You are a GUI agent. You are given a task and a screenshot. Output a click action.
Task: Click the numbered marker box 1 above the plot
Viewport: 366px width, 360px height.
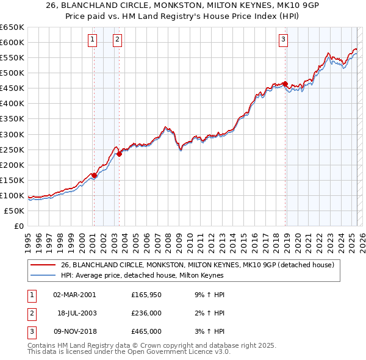point(92,40)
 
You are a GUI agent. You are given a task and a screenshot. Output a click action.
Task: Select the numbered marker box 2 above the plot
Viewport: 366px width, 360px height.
point(117,40)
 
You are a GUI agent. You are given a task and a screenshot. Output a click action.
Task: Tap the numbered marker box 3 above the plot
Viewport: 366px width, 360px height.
point(284,40)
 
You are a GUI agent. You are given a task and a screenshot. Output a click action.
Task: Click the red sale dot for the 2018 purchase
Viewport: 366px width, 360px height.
point(285,84)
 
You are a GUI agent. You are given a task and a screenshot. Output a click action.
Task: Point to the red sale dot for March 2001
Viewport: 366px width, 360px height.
point(94,175)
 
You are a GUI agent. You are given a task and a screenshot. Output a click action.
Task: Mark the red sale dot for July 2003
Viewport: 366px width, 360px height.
point(120,154)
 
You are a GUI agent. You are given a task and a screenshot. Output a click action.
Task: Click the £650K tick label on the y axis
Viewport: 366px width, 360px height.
point(12,27)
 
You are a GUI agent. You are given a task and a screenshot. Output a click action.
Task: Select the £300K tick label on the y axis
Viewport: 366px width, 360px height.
point(12,134)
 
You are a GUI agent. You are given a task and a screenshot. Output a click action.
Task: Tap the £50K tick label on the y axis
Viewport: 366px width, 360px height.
point(15,211)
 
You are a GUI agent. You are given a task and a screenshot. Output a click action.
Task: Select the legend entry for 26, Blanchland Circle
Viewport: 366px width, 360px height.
point(197,265)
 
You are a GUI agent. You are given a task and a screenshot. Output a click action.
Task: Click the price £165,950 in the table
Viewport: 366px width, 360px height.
point(146,295)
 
